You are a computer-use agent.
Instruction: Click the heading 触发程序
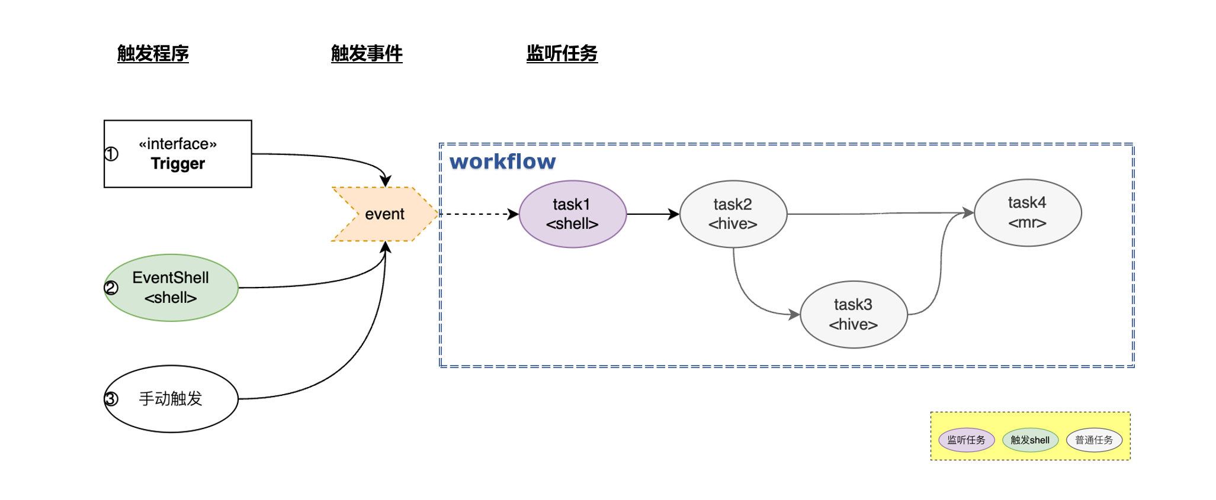153,53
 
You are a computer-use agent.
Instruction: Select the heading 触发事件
367,53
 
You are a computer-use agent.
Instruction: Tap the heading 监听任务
562,53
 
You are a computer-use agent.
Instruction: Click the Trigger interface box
178,154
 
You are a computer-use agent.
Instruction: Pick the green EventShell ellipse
171,288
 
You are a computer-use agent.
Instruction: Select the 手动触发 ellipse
171,399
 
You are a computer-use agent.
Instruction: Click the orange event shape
385,214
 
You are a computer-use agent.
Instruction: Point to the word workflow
502,162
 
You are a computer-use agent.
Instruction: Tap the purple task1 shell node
572,214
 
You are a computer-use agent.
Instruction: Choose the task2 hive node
733,214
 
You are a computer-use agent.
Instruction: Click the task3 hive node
853,314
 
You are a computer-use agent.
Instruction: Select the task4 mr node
1027,213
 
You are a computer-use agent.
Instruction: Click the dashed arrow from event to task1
477,214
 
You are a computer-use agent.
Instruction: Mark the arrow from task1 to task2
652,214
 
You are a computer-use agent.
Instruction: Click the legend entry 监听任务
966,440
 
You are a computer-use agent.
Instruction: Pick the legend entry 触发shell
1030,440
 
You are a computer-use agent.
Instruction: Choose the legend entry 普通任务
1094,440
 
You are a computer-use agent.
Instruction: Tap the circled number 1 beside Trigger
111,154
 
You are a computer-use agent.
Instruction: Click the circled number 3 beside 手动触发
111,399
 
